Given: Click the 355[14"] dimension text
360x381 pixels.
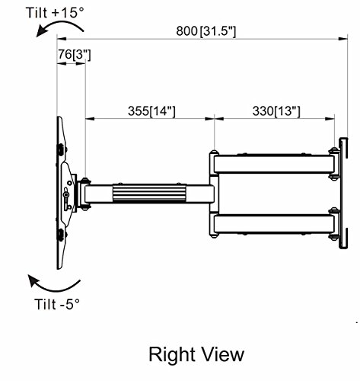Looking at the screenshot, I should [150, 110].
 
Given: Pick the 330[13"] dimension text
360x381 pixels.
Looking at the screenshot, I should [275, 110].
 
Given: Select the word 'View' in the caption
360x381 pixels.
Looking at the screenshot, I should [222, 354].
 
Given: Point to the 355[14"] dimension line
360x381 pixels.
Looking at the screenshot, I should [150, 119].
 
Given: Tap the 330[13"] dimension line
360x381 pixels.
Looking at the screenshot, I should [275, 119].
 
